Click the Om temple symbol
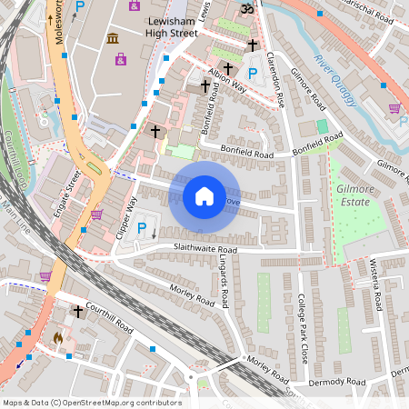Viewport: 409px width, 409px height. click(x=244, y=9)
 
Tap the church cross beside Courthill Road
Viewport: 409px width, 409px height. click(x=78, y=312)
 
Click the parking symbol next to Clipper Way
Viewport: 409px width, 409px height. click(x=141, y=228)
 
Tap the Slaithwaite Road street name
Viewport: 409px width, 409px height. click(x=202, y=249)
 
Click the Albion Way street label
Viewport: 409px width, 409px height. click(x=227, y=79)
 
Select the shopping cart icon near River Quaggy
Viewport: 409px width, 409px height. click(x=394, y=108)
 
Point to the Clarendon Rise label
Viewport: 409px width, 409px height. click(x=278, y=77)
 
